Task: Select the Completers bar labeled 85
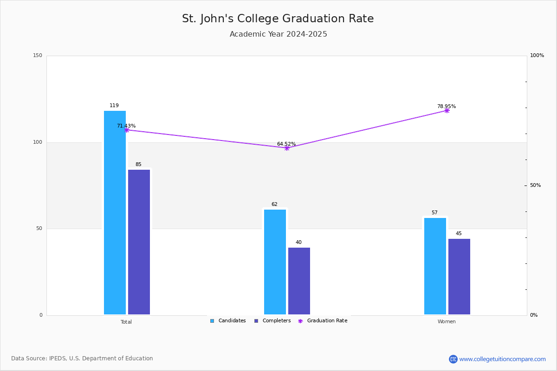point(139,242)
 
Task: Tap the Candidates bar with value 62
point(275,262)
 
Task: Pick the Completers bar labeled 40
point(299,281)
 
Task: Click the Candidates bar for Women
point(435,266)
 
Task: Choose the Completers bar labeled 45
point(459,276)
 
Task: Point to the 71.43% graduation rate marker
point(126,130)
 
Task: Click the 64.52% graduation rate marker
point(286,148)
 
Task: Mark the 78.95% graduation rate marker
point(447,110)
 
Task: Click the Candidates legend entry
point(228,321)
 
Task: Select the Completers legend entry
point(272,321)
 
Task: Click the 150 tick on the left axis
point(38,56)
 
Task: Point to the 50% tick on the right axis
point(535,185)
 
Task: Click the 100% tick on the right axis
point(537,56)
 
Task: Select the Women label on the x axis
point(447,322)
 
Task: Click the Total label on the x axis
point(126,322)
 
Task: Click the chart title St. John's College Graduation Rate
point(278,19)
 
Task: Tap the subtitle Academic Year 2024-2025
point(278,34)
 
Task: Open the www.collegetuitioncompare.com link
point(502,359)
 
